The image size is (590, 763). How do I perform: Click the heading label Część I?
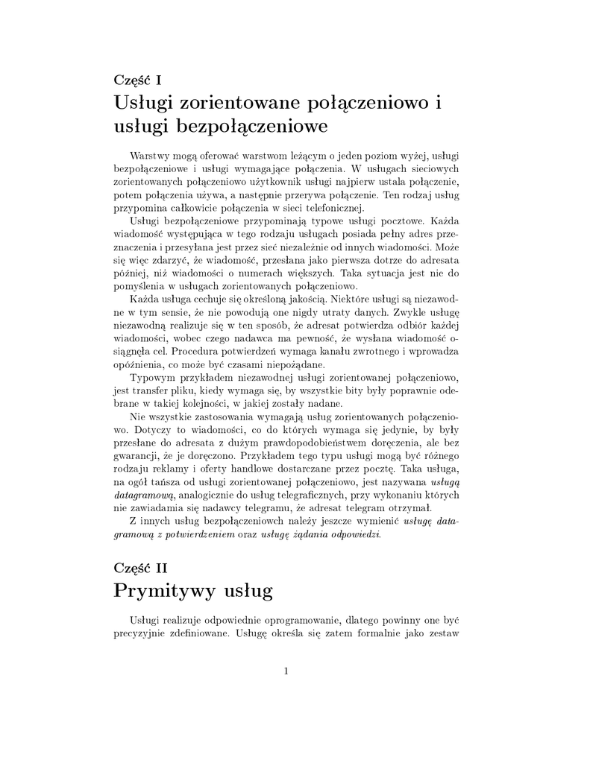point(138,80)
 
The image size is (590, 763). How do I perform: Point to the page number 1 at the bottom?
point(286,671)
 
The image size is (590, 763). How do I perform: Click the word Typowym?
point(152,378)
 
